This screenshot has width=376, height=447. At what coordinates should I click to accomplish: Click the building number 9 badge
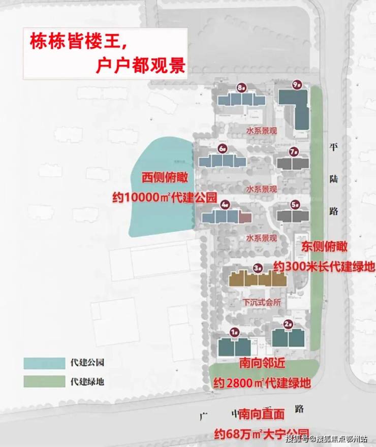(297, 85)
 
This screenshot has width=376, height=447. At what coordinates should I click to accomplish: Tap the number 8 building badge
(241, 87)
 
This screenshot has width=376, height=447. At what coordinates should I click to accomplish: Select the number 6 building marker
(223, 149)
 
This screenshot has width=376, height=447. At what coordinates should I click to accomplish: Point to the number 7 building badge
(293, 151)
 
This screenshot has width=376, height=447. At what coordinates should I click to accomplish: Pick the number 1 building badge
(234, 332)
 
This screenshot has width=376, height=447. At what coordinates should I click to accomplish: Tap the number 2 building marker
(288, 324)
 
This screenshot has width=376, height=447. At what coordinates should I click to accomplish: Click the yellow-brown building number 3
(257, 279)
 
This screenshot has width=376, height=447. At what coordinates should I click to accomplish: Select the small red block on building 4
(245, 217)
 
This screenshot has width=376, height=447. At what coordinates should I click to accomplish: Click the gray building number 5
(293, 216)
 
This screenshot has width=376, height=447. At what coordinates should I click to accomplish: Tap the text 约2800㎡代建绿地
(262, 382)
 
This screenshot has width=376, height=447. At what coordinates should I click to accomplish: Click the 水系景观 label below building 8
(261, 131)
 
